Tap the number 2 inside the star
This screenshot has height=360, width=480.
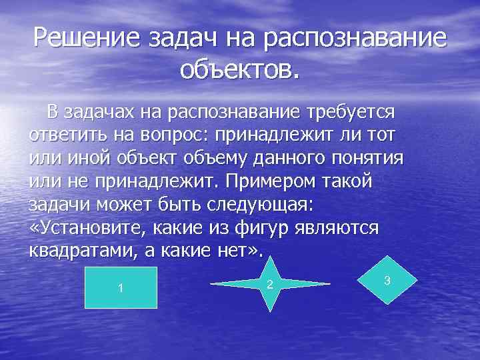click(269, 285)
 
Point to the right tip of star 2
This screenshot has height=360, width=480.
click(329, 284)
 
